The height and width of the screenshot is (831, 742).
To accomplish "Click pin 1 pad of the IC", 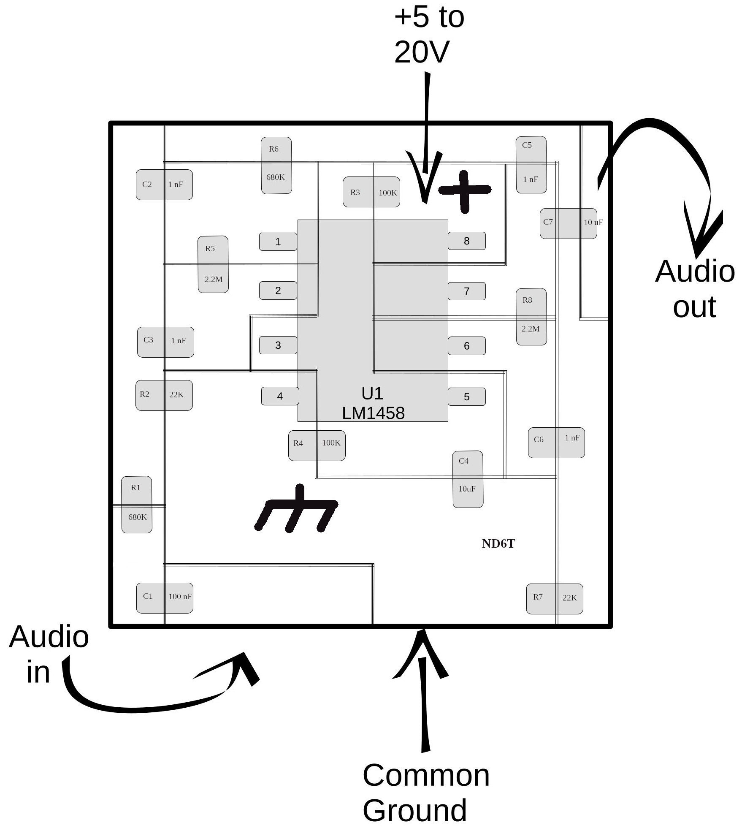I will tap(278, 242).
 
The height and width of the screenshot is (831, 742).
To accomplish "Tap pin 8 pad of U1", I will tap(466, 241).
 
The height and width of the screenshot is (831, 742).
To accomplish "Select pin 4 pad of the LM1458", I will tap(280, 396).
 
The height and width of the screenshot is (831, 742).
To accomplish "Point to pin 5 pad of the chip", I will tap(466, 396).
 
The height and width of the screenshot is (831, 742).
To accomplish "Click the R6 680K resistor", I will tap(276, 165).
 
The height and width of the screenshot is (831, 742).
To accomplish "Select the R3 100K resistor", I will tap(371, 192).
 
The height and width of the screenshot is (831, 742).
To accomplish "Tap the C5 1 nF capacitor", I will tap(531, 164).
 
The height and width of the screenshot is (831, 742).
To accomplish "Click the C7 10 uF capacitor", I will tap(568, 223).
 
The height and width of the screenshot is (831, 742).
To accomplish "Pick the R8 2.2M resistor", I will tap(531, 316).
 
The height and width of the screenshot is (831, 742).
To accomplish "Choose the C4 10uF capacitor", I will tap(467, 479).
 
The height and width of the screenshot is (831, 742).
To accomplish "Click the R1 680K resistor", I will tap(136, 504).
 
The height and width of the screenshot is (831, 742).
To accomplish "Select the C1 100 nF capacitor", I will tap(165, 597).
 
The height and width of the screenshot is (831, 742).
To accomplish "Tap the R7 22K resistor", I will tap(554, 598).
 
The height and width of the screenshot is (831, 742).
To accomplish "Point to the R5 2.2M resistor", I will tap(213, 264).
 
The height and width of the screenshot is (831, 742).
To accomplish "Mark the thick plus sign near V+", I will tap(465, 191).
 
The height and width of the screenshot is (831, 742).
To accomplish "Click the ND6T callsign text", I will tap(498, 543).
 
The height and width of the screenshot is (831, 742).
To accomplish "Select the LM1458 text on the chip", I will tap(373, 413).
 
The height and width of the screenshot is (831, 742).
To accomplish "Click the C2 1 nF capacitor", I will tap(164, 185).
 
